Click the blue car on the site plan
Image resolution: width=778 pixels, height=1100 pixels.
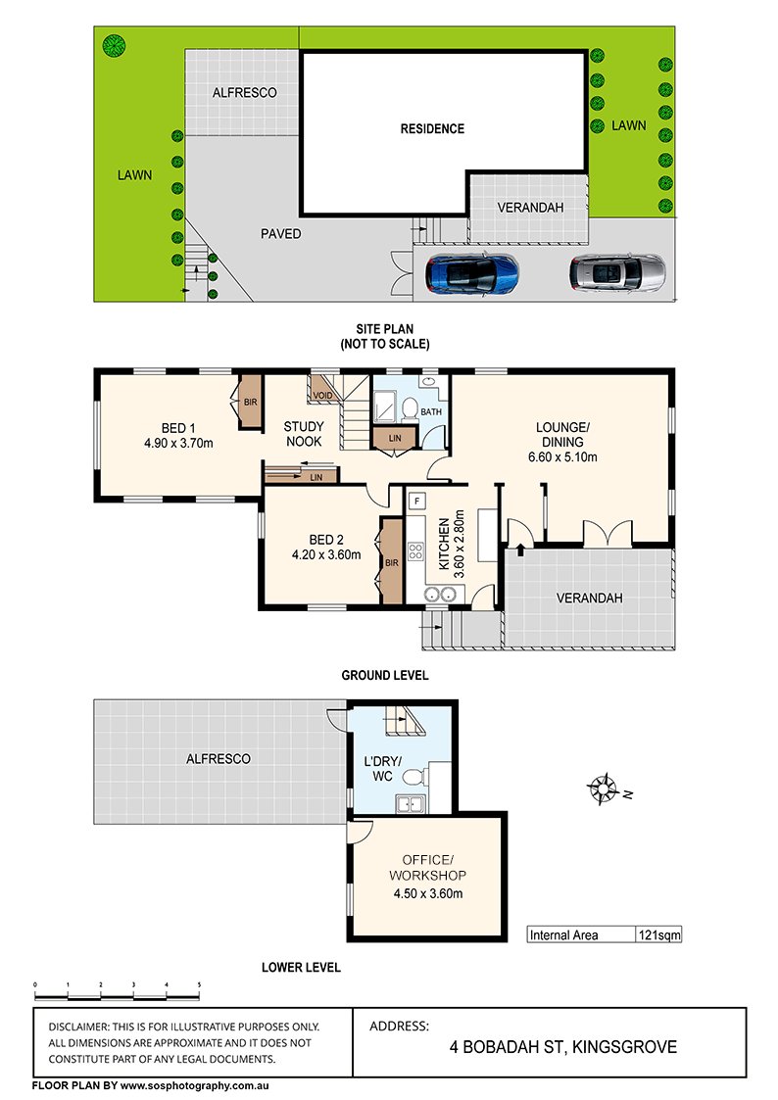click(x=472, y=273)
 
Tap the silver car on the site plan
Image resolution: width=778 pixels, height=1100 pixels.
click(x=617, y=273)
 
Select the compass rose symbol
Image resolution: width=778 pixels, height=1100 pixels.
click(x=603, y=789)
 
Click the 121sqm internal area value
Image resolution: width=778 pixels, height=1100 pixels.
click(x=658, y=934)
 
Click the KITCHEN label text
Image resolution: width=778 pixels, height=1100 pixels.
click(x=444, y=544)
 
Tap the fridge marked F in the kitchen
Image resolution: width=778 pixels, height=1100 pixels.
click(x=417, y=501)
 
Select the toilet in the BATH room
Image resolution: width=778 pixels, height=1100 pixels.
click(x=409, y=407)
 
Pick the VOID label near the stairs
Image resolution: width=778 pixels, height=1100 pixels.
click(x=322, y=396)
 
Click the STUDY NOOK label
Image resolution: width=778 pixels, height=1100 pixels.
click(x=304, y=434)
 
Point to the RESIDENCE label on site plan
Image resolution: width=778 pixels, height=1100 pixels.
click(x=432, y=128)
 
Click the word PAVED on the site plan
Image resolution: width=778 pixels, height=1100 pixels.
click(x=280, y=233)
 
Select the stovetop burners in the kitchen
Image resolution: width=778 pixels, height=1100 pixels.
click(x=416, y=550)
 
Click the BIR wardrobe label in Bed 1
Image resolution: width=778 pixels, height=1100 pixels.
click(x=251, y=402)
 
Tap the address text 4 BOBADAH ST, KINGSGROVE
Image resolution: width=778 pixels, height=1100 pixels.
click(x=563, y=1047)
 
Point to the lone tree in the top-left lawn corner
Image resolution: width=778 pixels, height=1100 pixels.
click(x=114, y=46)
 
